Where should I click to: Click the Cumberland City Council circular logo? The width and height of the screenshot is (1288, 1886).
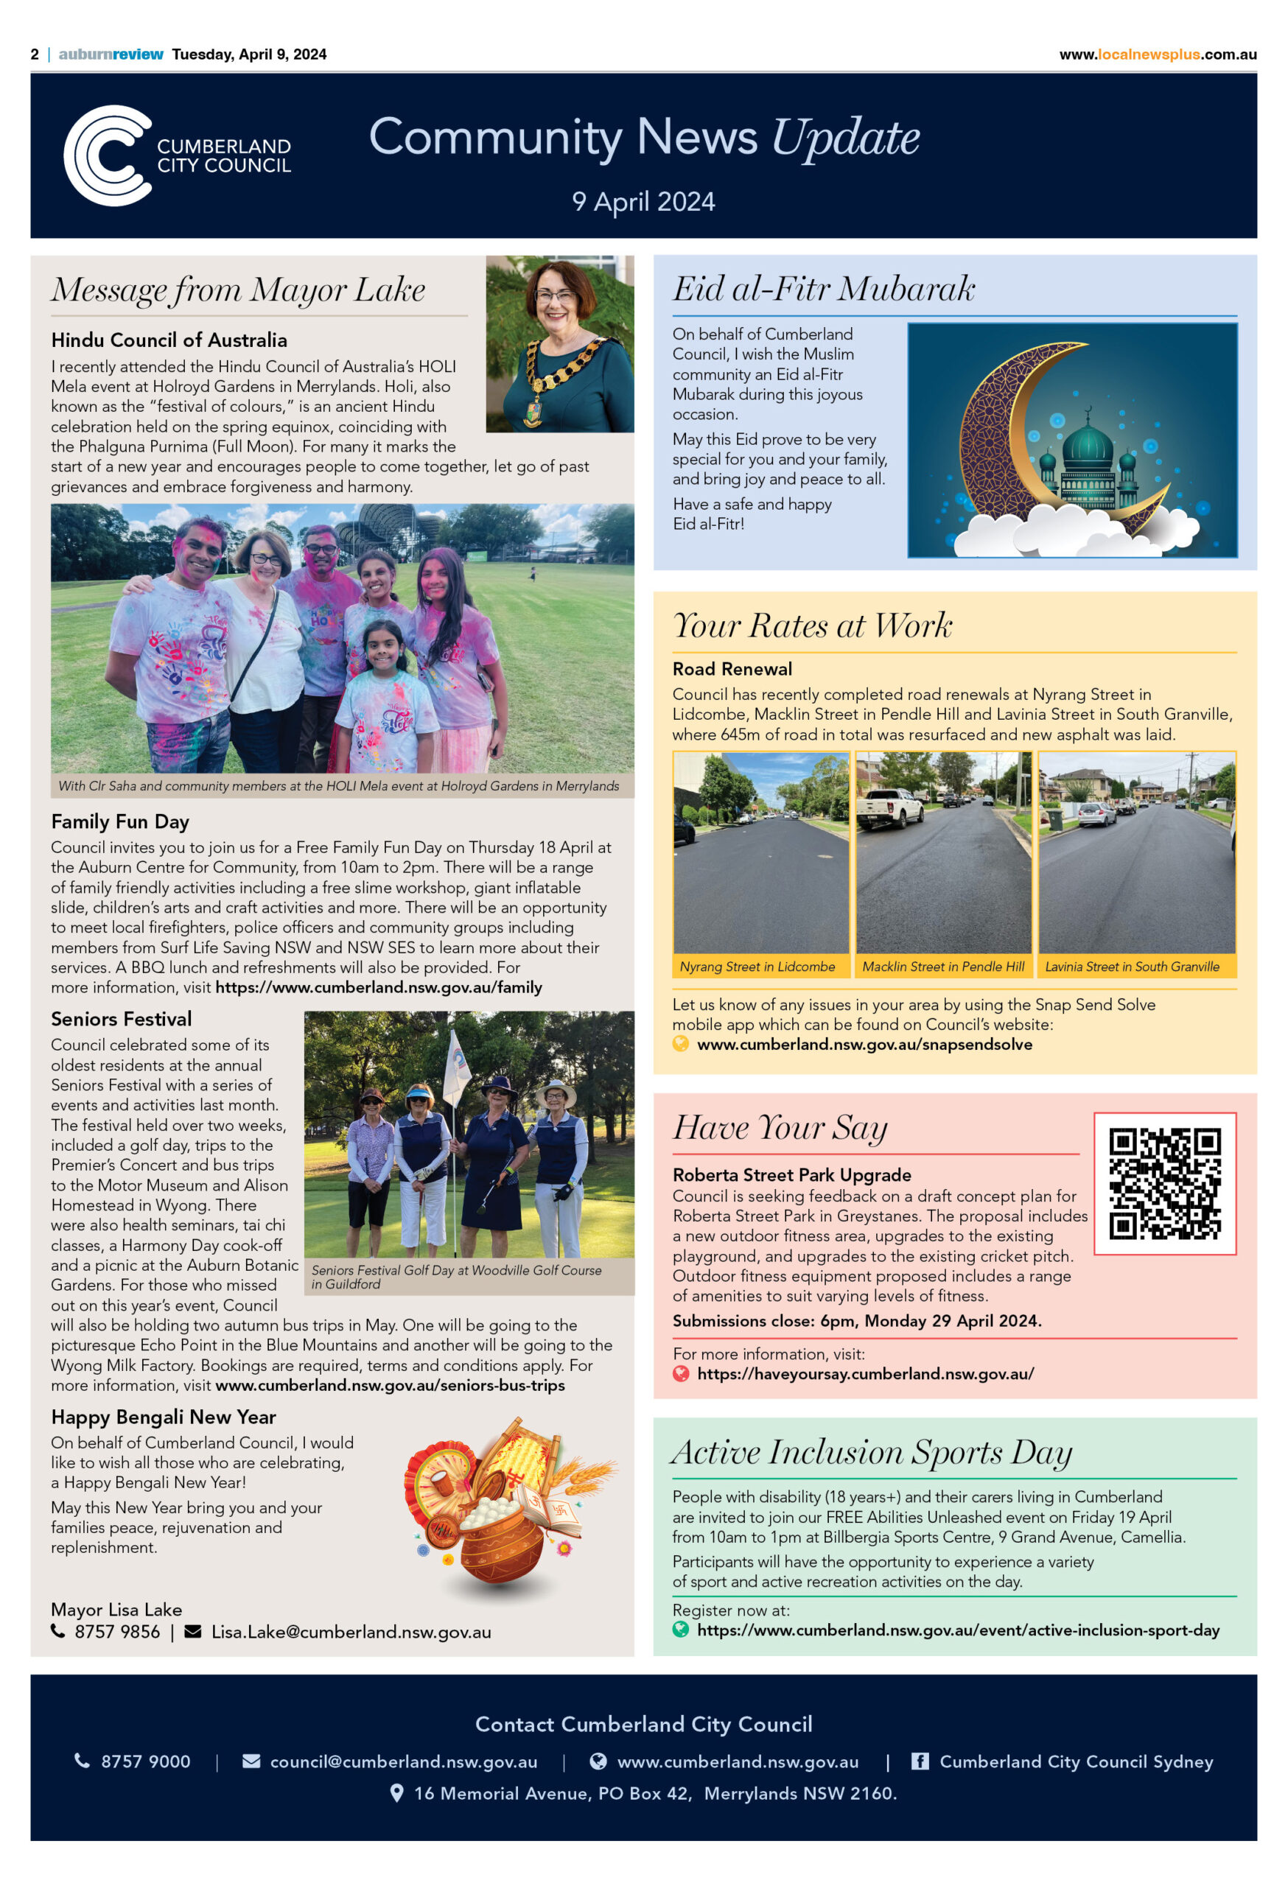(108, 155)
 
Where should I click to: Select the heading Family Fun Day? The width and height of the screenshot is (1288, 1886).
(120, 821)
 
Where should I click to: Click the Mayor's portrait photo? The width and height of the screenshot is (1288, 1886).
(559, 344)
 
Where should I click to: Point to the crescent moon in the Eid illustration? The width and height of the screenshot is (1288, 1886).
(1015, 430)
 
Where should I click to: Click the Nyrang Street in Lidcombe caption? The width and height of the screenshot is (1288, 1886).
(757, 967)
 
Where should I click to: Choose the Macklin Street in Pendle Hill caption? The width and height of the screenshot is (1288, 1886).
(943, 967)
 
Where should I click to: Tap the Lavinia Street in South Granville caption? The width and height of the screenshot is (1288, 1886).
(1133, 967)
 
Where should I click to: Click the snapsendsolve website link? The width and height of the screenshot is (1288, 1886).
(864, 1045)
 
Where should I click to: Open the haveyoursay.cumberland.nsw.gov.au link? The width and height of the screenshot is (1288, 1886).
(865, 1374)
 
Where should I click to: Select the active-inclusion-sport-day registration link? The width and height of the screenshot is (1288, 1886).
(958, 1630)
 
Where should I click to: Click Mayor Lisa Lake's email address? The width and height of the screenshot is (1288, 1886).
(351, 1632)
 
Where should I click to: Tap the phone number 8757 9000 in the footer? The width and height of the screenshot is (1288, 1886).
(145, 1761)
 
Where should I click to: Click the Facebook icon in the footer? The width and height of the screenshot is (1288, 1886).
(920, 1761)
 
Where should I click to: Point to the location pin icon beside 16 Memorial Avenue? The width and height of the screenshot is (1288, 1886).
(397, 1792)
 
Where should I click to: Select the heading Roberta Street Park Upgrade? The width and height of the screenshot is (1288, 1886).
(791, 1174)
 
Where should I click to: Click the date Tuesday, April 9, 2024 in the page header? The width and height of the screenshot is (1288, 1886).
(249, 55)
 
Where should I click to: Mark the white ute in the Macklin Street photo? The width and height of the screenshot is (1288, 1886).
(889, 806)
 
